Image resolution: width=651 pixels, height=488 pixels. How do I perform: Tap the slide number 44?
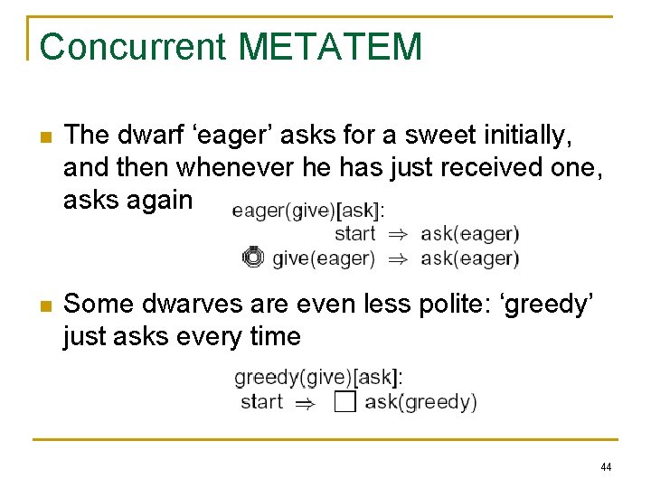coord(606,467)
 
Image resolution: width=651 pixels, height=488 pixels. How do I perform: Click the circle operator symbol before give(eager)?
coord(253,258)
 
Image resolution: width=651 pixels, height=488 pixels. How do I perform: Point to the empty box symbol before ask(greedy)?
coord(344,401)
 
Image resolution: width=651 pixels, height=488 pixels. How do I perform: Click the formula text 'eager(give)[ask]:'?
coord(307,211)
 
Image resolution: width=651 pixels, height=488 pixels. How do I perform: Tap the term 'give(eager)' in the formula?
coord(323,258)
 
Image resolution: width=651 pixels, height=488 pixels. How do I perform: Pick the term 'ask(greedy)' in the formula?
coord(420,402)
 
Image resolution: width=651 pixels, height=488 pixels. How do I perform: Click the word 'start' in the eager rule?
coord(354,234)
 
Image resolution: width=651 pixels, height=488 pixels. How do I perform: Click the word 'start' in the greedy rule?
coord(261,401)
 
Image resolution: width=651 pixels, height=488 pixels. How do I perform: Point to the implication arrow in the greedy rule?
coord(307,403)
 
